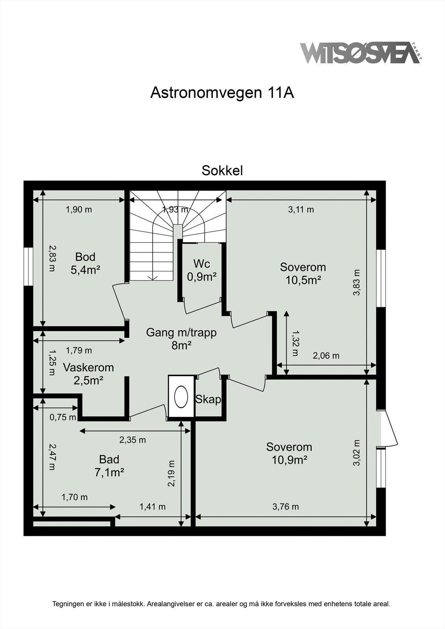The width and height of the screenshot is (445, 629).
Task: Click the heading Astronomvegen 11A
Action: click(x=222, y=93)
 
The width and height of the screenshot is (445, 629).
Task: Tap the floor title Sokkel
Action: click(x=222, y=171)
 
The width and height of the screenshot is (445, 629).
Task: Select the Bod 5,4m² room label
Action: click(x=85, y=263)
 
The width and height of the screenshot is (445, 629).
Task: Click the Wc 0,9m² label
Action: click(x=201, y=270)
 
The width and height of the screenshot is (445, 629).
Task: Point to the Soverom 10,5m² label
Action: click(x=303, y=274)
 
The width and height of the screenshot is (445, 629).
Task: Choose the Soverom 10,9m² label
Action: click(x=289, y=453)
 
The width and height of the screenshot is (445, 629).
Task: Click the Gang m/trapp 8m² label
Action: click(x=181, y=339)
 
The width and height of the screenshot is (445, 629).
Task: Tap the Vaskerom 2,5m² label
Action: click(x=88, y=374)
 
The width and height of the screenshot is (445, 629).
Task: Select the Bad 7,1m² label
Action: click(x=109, y=466)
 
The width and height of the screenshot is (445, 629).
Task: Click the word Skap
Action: click(x=208, y=399)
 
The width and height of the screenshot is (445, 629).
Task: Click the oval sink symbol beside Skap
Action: click(x=181, y=396)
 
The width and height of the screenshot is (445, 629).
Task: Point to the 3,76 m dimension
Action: click(x=286, y=507)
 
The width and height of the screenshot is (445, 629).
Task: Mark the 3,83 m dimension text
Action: click(x=356, y=283)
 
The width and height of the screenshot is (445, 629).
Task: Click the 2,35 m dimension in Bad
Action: click(x=133, y=440)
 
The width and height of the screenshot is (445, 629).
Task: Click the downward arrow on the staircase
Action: click(x=152, y=278)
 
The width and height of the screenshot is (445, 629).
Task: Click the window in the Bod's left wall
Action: click(x=28, y=266)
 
